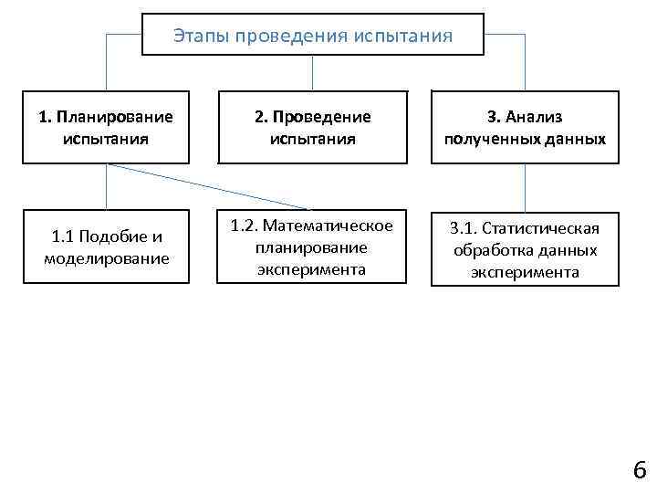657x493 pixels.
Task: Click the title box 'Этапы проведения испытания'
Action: point(313,35)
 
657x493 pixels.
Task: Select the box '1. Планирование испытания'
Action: point(106,129)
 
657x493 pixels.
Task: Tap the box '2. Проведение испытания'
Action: point(312,129)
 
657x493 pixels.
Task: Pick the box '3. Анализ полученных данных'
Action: point(525,129)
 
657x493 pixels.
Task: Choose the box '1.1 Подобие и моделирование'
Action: point(106,247)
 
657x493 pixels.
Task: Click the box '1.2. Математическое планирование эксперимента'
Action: point(311,247)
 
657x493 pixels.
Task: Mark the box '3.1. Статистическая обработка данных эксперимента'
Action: point(525,249)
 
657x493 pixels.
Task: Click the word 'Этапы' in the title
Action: point(200,36)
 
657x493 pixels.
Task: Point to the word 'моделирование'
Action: point(106,258)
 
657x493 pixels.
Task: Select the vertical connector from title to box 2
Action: point(313,73)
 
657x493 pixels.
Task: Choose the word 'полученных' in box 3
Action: point(484,140)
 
